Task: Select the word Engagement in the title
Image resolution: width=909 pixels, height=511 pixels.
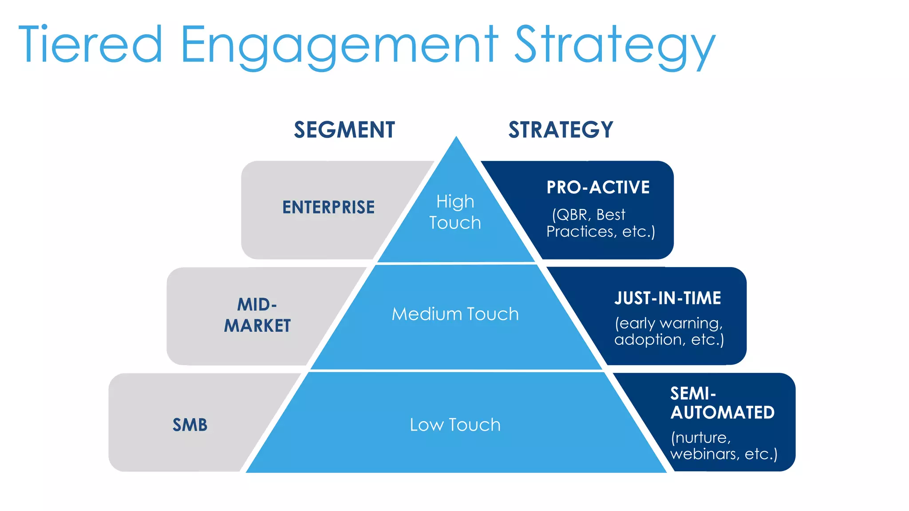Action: (340, 46)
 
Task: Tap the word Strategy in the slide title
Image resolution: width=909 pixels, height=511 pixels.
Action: (615, 46)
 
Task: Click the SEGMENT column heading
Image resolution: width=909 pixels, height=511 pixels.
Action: (344, 130)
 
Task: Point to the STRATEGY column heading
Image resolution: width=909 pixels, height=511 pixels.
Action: (561, 130)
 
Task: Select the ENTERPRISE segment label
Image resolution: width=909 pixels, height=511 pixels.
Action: (328, 207)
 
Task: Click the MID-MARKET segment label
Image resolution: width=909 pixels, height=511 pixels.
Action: (257, 315)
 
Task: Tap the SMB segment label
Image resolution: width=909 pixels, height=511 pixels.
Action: (190, 425)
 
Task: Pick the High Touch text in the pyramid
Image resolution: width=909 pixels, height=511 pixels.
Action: (455, 212)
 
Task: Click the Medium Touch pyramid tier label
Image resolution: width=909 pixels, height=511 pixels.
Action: (455, 314)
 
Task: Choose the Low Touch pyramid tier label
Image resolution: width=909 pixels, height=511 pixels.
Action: (455, 425)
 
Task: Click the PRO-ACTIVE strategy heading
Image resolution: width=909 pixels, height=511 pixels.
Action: (598, 187)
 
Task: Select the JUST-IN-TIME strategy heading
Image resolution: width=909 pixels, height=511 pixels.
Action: (668, 298)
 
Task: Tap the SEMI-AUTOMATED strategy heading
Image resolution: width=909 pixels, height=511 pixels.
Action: (722, 403)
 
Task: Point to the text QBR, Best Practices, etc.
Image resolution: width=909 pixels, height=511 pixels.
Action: (601, 223)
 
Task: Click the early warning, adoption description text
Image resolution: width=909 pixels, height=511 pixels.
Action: (669, 331)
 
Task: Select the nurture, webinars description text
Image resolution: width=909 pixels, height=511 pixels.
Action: (723, 446)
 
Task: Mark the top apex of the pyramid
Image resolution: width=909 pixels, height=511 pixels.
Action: (456, 138)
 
